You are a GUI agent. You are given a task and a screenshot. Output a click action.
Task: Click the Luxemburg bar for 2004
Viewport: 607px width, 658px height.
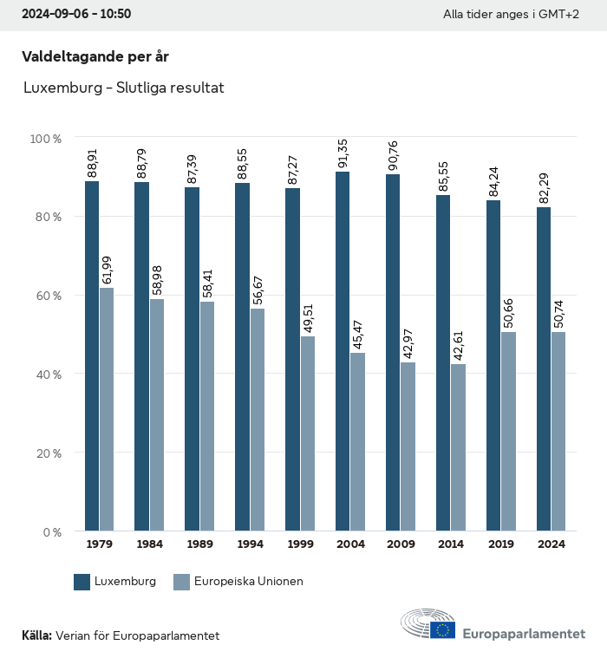click(x=343, y=351)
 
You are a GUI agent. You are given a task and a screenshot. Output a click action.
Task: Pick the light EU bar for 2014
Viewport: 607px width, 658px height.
click(x=458, y=447)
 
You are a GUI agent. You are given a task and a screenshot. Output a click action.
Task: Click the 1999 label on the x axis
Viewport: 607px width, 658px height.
click(x=300, y=544)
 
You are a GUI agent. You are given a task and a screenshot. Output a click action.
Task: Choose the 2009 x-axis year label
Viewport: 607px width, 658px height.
click(x=401, y=544)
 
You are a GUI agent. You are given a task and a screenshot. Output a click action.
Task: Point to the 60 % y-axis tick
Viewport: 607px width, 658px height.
click(x=48, y=296)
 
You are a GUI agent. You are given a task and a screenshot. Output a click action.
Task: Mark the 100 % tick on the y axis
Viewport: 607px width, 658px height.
click(x=45, y=139)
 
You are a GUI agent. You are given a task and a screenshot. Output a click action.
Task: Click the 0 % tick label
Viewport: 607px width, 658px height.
click(x=51, y=531)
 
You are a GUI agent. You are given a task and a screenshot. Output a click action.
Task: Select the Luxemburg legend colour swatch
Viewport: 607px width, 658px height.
click(x=82, y=582)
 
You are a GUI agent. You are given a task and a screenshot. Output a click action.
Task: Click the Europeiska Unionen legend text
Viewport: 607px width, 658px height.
click(x=249, y=582)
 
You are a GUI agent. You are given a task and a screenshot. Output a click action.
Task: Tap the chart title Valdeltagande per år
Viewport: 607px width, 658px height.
click(x=95, y=57)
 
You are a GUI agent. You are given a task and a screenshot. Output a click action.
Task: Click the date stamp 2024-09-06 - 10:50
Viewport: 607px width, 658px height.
click(x=76, y=15)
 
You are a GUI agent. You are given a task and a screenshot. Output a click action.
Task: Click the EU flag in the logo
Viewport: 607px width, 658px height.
click(x=443, y=630)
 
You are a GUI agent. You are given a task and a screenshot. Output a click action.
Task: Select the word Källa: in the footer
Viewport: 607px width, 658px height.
click(x=36, y=635)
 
